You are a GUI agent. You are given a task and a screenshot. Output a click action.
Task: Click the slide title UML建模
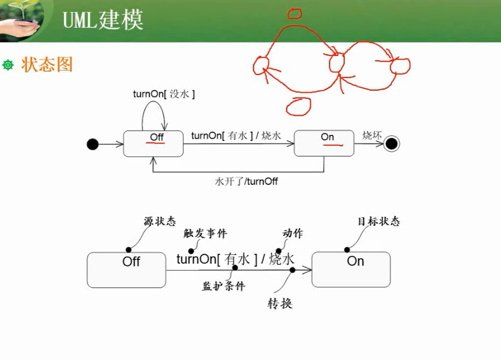pyautogui.click(x=103, y=20)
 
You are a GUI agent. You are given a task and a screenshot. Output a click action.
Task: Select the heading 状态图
pyautogui.click(x=47, y=65)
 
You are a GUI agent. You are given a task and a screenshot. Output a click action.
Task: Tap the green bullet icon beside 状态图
pyautogui.click(x=8, y=65)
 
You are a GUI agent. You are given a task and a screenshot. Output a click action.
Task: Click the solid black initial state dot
pyautogui.click(x=93, y=144)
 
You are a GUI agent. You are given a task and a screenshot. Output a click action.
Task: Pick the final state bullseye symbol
pyautogui.click(x=391, y=144)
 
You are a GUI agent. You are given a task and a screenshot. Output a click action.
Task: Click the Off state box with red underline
pyautogui.click(x=153, y=144)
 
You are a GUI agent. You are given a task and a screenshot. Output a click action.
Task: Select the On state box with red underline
pyautogui.click(x=324, y=144)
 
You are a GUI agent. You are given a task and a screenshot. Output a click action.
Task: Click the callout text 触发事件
pyautogui.click(x=205, y=234)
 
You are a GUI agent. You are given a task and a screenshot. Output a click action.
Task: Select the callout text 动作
pyautogui.click(x=293, y=234)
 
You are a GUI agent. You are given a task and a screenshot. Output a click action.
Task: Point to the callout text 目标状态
pyautogui.click(x=378, y=222)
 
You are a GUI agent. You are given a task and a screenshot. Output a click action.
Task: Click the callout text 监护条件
pyautogui.click(x=224, y=286)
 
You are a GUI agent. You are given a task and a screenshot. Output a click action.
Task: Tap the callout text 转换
pyautogui.click(x=280, y=304)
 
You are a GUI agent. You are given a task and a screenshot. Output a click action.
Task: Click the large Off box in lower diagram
pyautogui.click(x=126, y=270)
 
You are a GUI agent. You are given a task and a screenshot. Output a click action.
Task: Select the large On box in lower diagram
pyautogui.click(x=351, y=269)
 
